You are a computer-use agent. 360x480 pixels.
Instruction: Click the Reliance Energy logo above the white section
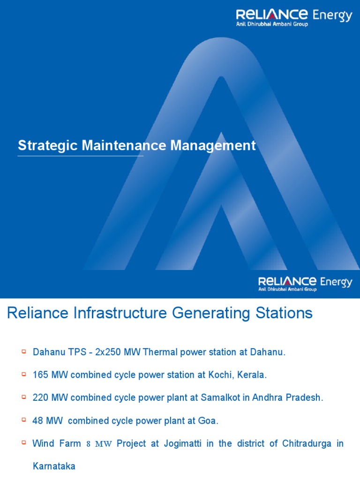305,283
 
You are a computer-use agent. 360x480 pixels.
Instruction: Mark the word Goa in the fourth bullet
210,420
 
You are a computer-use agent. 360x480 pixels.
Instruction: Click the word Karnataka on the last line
54,466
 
